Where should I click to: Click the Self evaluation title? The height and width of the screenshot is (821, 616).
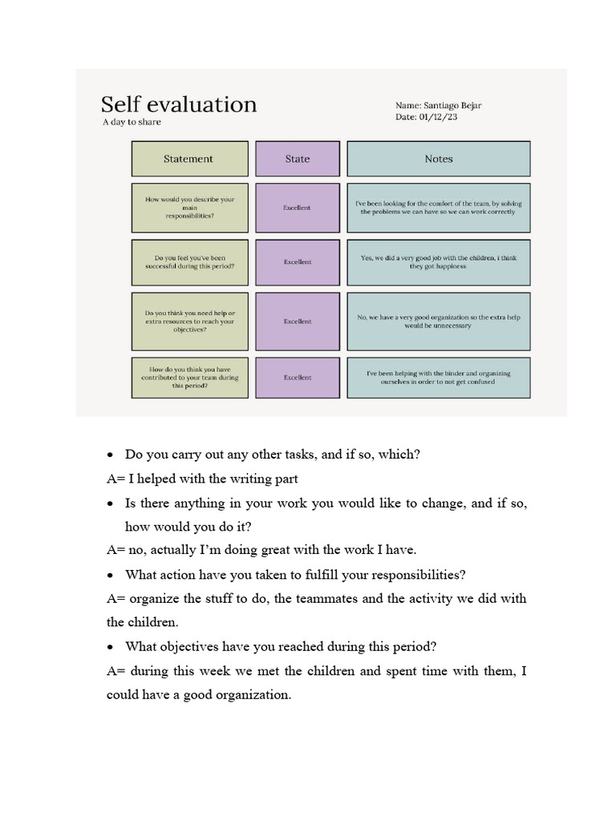point(179,104)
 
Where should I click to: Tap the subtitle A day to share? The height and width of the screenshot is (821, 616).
point(132,122)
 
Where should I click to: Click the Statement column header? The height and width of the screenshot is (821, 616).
point(188,159)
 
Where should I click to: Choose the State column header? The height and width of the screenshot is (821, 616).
point(297,159)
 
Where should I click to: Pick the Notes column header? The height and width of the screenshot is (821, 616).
point(438,159)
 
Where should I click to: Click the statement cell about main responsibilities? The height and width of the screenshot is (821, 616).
point(188,208)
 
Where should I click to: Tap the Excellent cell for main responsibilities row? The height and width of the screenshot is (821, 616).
point(297,208)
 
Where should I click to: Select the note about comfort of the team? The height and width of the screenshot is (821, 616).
point(438,208)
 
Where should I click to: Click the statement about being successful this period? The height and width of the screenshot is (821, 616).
point(188,261)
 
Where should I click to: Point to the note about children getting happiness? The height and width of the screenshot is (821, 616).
point(438,261)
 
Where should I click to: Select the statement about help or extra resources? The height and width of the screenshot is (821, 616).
point(188,321)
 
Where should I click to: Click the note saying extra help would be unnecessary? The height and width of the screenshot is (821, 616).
point(438,321)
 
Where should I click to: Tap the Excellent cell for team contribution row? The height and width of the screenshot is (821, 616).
point(297,378)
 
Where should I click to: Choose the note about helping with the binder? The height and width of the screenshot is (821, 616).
point(438,378)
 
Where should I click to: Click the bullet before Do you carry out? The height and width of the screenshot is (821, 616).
point(111,455)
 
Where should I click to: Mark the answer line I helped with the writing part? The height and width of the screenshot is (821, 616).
point(202,479)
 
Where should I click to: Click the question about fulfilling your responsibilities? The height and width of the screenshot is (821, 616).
point(295,575)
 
